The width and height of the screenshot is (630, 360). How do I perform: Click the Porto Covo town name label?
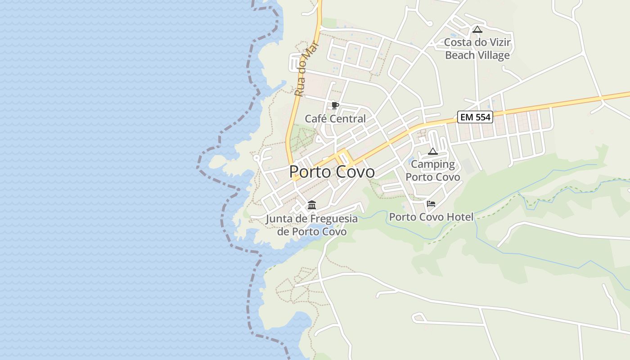tap(332, 172)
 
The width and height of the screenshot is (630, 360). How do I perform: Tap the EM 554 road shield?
tap(476, 117)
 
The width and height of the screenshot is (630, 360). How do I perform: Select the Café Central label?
tap(335, 119)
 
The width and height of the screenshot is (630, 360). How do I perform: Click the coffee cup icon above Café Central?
tap(335, 106)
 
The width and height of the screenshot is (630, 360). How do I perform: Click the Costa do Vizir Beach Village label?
tap(477, 49)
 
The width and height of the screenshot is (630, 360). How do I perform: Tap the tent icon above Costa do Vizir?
tap(477, 30)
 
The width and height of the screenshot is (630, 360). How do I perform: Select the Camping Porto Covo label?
tap(433, 171)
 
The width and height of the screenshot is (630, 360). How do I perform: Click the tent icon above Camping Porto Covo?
tap(433, 152)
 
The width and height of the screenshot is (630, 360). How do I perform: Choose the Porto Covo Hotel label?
tap(431, 217)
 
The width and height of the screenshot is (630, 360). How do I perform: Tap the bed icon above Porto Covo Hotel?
tap(431, 204)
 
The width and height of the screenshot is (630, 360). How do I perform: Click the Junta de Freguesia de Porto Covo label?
tap(312, 225)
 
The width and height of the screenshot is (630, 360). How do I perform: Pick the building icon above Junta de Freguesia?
tap(312, 206)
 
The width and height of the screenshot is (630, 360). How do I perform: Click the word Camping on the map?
tap(433, 165)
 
